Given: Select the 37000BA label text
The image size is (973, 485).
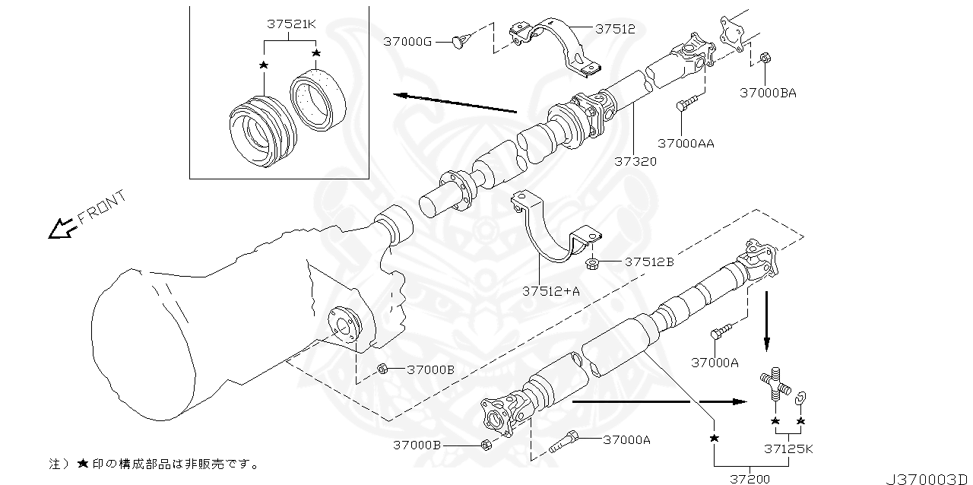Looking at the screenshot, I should [x=768, y=93].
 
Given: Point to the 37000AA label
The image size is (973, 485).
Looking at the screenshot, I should [x=686, y=143].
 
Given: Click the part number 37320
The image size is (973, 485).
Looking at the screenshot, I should [x=635, y=161].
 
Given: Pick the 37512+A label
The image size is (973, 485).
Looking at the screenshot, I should [x=550, y=290].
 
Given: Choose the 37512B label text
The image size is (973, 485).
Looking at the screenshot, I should [x=649, y=262].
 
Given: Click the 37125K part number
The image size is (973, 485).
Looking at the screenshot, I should [x=788, y=449].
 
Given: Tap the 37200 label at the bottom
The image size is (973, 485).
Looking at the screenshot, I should [x=750, y=479].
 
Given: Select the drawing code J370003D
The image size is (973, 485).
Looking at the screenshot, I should [x=927, y=479].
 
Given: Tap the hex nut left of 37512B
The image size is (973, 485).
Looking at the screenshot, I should [x=591, y=264].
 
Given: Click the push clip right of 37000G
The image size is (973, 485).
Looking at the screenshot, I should [x=458, y=40].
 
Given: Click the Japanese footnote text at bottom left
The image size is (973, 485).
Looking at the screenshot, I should [x=152, y=463].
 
